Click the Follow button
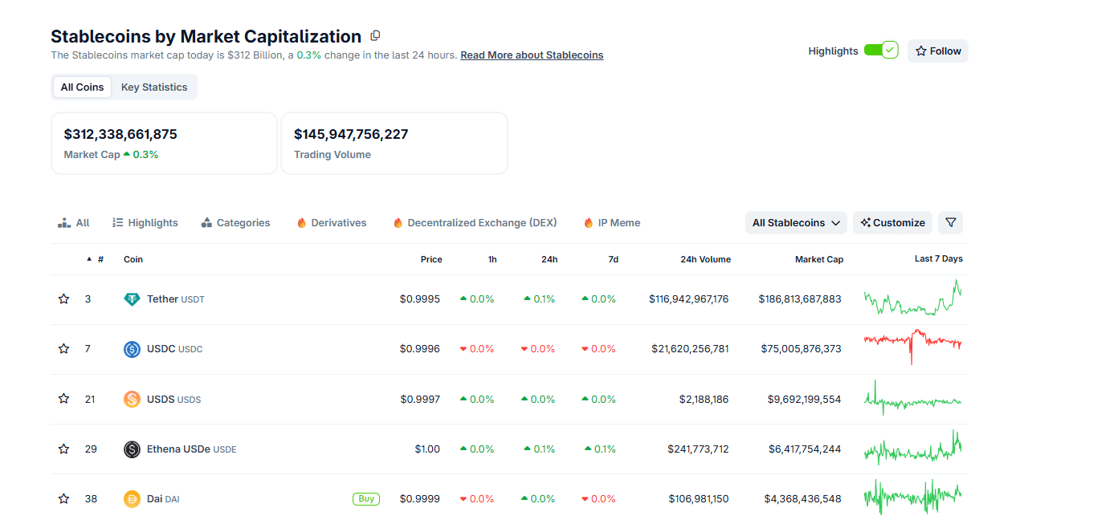938,51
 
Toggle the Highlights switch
881,51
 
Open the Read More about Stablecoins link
532,55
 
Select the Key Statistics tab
154,87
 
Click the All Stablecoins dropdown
796,223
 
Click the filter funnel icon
950,223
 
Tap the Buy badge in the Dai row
366,499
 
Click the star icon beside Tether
64,299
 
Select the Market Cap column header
818,259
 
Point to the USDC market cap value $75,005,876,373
801,349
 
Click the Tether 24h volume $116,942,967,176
688,299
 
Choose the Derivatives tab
331,223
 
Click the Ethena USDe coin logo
132,449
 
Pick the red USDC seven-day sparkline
912,345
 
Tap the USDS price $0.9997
419,400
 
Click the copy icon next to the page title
375,36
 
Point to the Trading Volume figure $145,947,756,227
351,134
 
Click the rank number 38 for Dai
91,499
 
